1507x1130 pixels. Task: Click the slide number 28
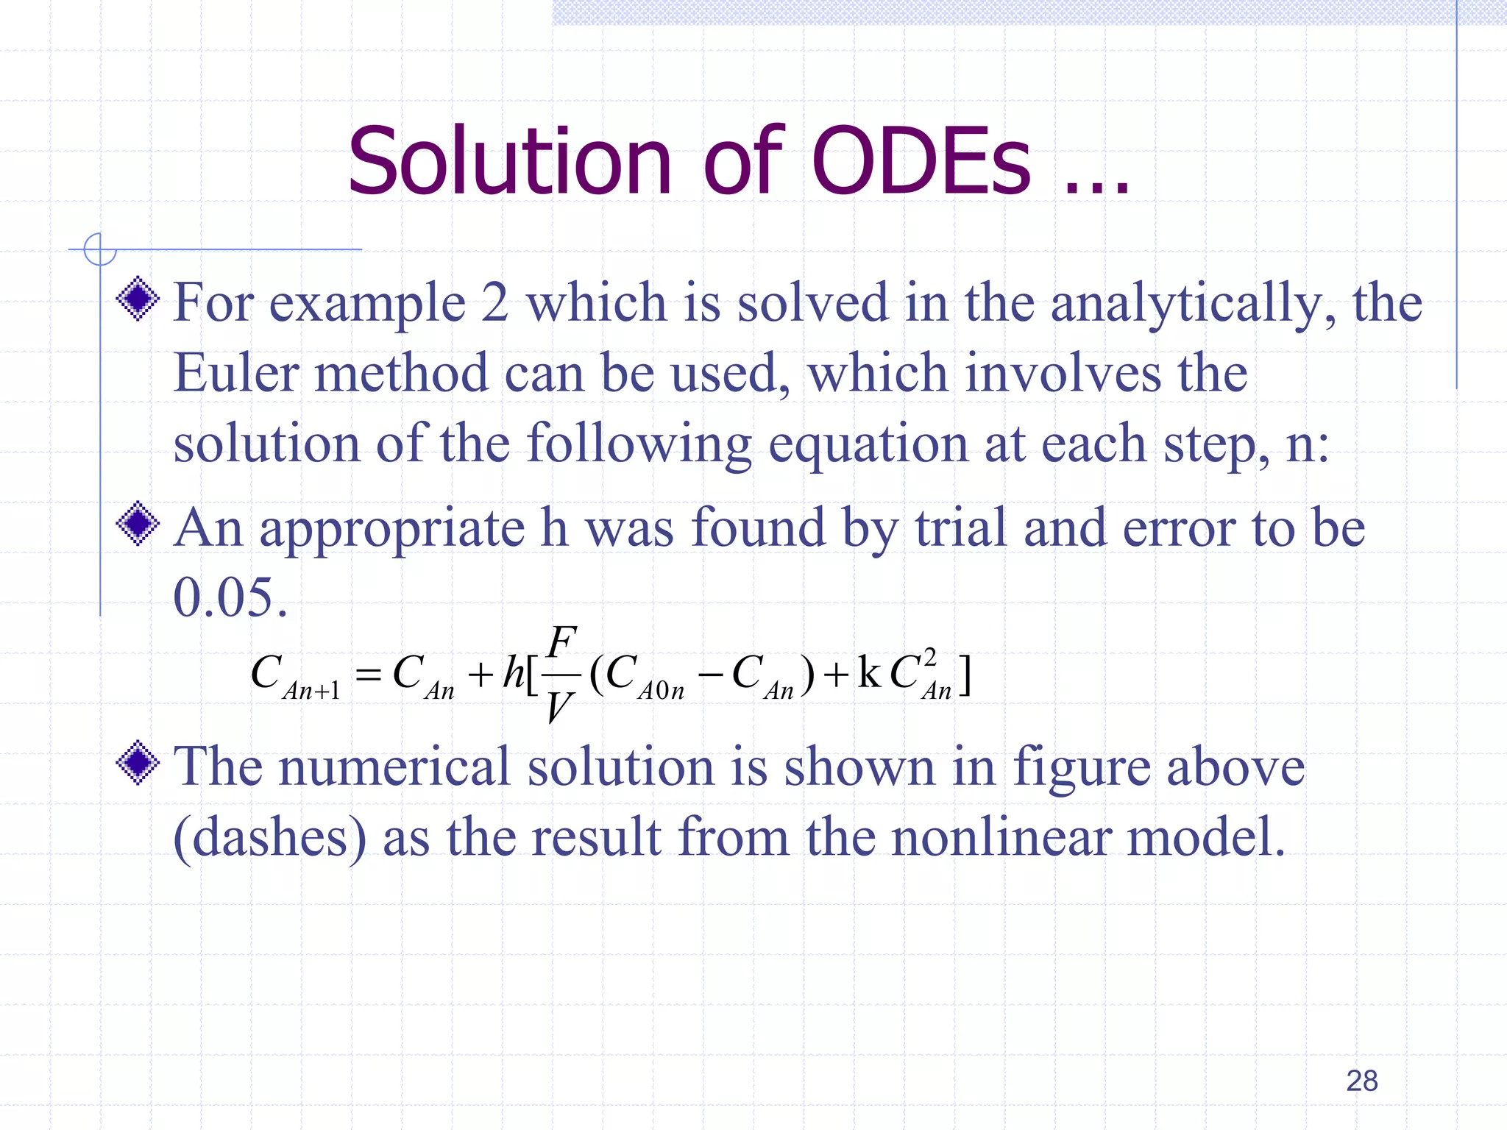[x=1361, y=1081]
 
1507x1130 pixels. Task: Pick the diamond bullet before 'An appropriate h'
[x=138, y=524]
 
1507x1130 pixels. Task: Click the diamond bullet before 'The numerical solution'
[x=138, y=764]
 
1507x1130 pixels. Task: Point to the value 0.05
[x=228, y=597]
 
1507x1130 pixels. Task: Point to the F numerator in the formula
[x=561, y=641]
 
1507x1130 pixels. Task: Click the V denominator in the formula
[x=559, y=708]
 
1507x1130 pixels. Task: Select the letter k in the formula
[x=869, y=672]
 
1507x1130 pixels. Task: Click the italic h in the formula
[x=513, y=672]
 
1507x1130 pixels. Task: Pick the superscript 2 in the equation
[x=929, y=656]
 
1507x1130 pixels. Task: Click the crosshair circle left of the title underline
[x=99, y=249]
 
